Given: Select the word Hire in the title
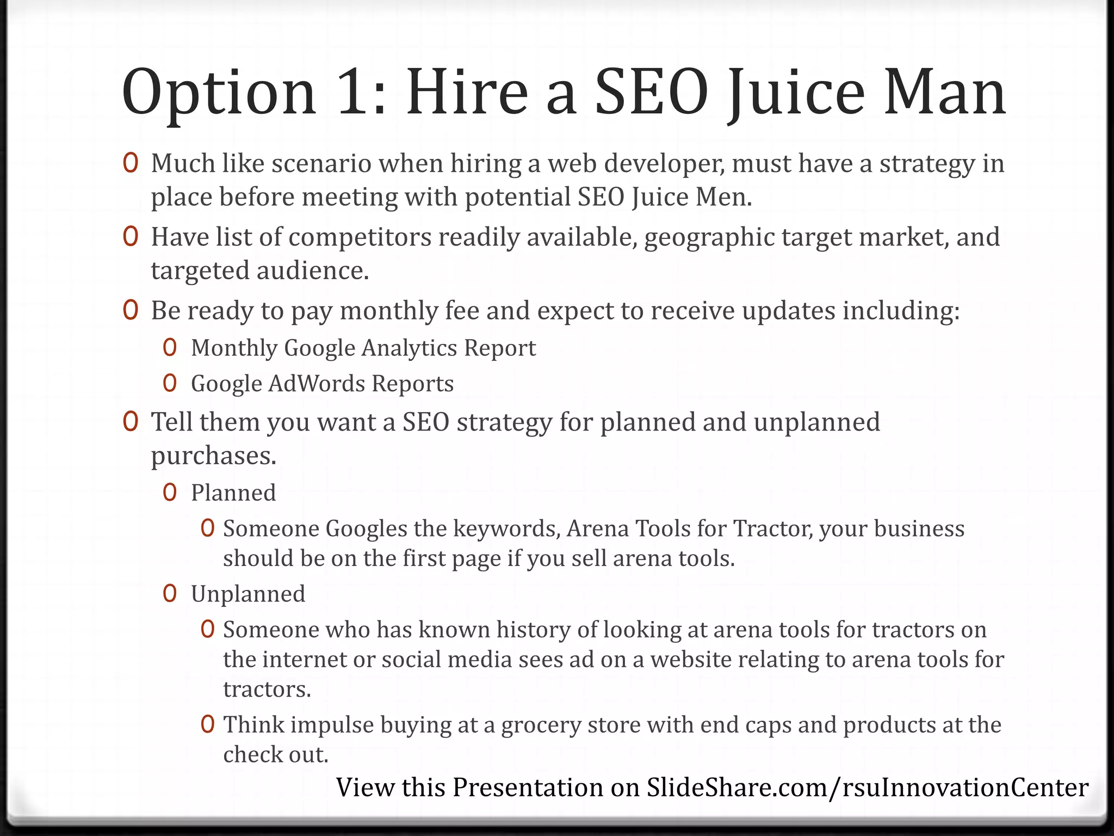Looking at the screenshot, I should [x=467, y=93].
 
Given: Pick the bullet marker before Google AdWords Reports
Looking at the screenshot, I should [x=170, y=384].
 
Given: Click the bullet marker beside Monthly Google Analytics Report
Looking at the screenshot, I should [x=170, y=348].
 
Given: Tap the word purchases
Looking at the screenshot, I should [x=213, y=456].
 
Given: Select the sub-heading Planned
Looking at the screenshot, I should [x=233, y=493].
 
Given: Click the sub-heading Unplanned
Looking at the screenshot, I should [x=248, y=594].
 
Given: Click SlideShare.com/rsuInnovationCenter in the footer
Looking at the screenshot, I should [x=868, y=788].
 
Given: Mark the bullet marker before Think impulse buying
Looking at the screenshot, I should [x=207, y=725].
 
